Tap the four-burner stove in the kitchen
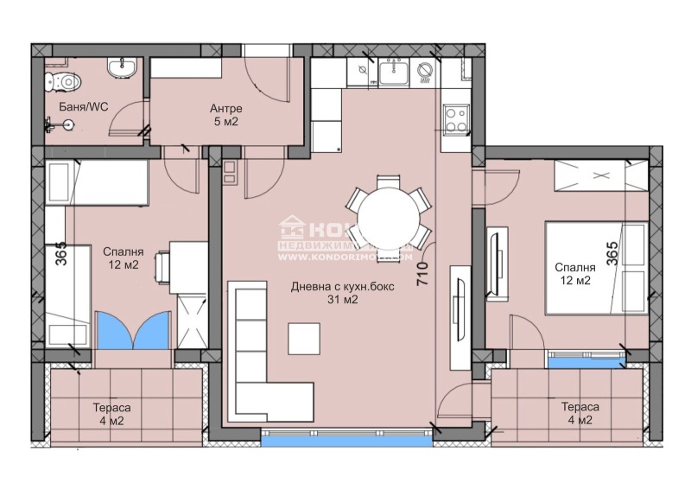(454, 117)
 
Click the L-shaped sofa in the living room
(255, 346)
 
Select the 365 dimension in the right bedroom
(612, 252)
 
